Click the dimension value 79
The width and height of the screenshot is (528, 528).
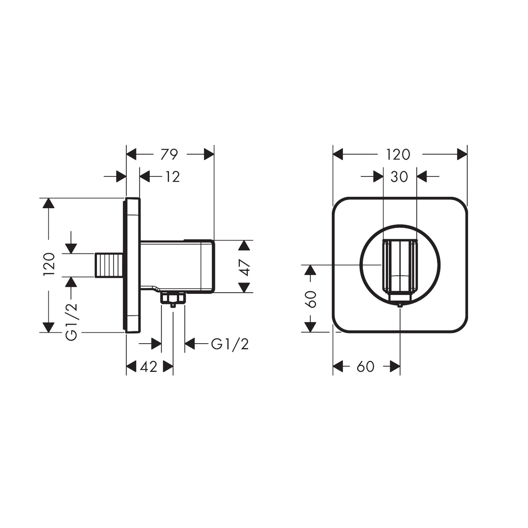click(169, 154)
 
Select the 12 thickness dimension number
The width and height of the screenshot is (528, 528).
click(172, 177)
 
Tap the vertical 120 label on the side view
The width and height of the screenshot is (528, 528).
click(49, 265)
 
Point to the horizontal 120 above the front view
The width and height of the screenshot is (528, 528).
click(398, 154)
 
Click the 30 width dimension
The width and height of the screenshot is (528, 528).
click(399, 177)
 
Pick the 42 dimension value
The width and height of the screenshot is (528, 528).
click(148, 367)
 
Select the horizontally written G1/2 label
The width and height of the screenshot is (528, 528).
click(230, 344)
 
